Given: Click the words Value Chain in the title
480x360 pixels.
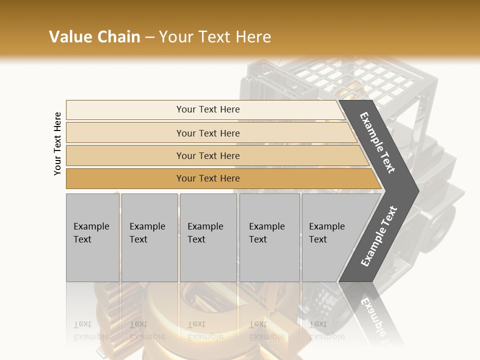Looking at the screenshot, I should click(94, 37).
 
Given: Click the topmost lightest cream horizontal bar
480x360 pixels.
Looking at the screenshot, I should click(125, 110).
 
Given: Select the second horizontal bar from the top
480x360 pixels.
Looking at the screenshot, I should click(125, 133).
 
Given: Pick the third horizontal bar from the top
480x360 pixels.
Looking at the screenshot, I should click(125, 155).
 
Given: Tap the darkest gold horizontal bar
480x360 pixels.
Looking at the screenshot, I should click(125, 178).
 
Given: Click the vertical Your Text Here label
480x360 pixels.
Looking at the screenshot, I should click(58, 143).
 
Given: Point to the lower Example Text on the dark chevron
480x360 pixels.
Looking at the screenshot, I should click(378, 236).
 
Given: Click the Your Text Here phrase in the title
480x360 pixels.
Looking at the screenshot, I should click(215, 37).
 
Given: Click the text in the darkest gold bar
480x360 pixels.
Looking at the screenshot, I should click(208, 178).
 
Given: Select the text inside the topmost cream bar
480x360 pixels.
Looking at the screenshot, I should click(208, 109).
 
